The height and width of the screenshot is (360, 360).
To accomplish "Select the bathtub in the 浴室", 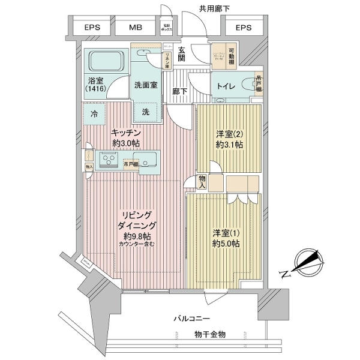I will tap(106, 62).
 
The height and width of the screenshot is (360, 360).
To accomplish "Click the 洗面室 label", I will tap(145, 85).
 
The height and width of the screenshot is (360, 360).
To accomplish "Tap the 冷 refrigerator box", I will tap(94, 112).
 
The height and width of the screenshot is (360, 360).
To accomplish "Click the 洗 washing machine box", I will tap(146, 111).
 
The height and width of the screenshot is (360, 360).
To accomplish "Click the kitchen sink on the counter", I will tap(148, 159).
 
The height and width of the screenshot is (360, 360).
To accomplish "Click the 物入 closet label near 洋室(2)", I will tap(202, 182).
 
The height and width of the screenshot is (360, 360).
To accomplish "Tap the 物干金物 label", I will tap(210, 334).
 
